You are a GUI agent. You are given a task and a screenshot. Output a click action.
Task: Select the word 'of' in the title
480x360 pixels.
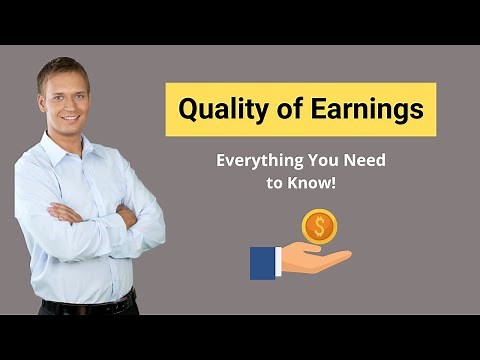[x=277, y=109]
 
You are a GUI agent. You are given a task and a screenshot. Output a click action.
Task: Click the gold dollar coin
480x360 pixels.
[x=319, y=226]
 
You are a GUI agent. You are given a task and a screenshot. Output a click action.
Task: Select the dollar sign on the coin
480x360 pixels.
[x=319, y=226]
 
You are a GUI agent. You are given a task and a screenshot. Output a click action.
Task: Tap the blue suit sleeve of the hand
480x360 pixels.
[x=263, y=262]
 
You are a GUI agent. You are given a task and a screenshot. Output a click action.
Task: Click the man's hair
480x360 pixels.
[x=62, y=68]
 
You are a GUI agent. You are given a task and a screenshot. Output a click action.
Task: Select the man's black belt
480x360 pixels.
[x=90, y=304]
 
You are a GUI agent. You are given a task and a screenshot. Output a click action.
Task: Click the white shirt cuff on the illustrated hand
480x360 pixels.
[x=279, y=261]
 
